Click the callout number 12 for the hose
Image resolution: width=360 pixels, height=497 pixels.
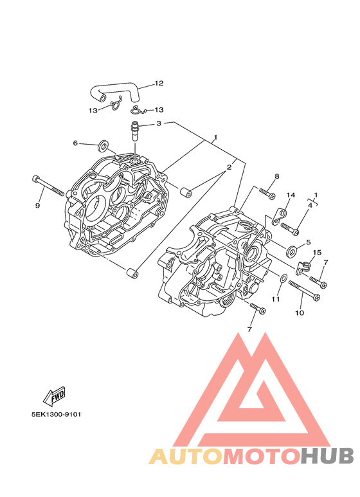click(x=159, y=84)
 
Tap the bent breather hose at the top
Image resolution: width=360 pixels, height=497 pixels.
click(x=113, y=90)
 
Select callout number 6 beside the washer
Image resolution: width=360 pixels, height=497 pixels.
click(x=75, y=143)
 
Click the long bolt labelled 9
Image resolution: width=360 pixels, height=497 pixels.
click(x=48, y=185)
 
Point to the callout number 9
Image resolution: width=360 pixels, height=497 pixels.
click(x=38, y=206)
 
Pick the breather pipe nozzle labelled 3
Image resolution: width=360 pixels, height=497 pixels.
click(x=135, y=132)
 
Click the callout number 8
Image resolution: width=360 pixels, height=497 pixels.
click(x=276, y=176)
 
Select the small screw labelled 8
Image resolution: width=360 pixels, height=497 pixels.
click(x=267, y=194)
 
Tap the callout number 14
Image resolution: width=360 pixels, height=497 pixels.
click(x=291, y=195)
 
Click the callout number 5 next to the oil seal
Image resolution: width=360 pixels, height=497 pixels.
click(x=309, y=242)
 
